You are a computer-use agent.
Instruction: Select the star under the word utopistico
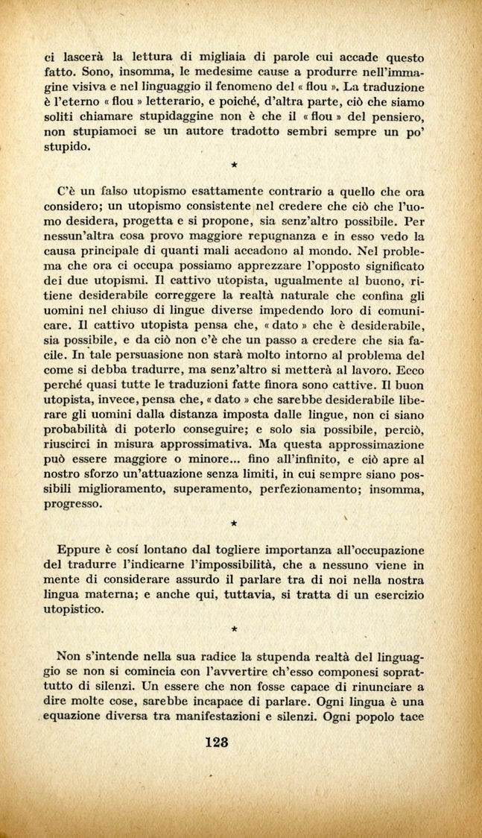[x=234, y=628]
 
